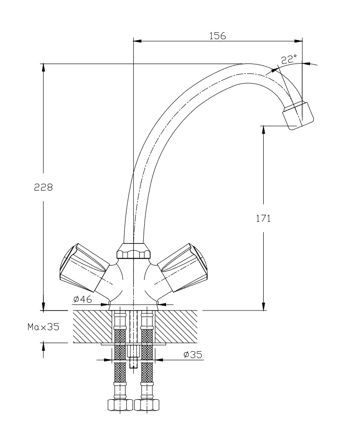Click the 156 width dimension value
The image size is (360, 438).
tap(218, 36)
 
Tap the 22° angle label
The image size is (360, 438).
tap(288, 59)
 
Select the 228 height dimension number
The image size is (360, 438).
tap(44, 187)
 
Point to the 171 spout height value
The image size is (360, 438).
tap(263, 218)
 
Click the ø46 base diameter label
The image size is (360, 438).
tap(83, 299)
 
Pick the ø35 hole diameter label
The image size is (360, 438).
tap(193, 354)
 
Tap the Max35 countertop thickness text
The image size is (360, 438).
tap(43, 327)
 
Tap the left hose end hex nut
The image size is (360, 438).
tap(119, 405)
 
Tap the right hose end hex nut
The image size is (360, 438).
tap(146, 405)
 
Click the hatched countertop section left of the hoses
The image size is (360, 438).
tap(91, 326)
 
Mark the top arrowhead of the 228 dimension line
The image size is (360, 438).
tap(43, 68)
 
